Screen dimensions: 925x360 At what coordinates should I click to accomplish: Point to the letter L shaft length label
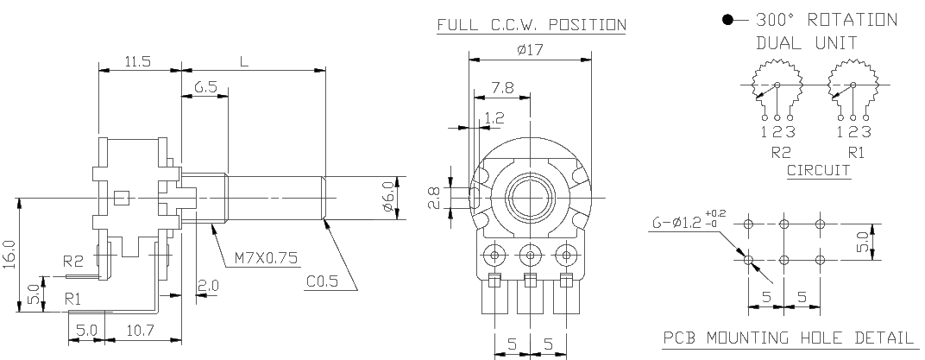[x=244, y=62]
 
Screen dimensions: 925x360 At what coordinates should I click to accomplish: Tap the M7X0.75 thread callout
[x=266, y=258]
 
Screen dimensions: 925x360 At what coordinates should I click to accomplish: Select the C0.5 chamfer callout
[x=322, y=281]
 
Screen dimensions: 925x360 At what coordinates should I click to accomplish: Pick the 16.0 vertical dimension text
[x=11, y=255]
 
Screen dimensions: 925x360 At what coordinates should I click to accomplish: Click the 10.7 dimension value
[x=139, y=330]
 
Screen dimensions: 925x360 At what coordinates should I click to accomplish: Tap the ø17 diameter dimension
[x=530, y=49]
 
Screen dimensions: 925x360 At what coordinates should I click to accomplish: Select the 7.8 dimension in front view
[x=502, y=87]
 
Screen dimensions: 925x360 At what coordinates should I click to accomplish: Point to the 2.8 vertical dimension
[x=434, y=199]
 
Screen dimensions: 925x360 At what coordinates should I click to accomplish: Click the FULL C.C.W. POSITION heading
[x=531, y=25]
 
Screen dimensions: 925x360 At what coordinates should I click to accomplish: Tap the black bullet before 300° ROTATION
[x=728, y=21]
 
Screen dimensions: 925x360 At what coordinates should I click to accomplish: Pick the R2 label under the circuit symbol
[x=781, y=152]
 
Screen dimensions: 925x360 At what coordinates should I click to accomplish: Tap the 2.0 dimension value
[x=208, y=286]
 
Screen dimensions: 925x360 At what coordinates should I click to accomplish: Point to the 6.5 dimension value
[x=204, y=88]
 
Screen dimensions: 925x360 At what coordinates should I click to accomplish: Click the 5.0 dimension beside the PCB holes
[x=863, y=242]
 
